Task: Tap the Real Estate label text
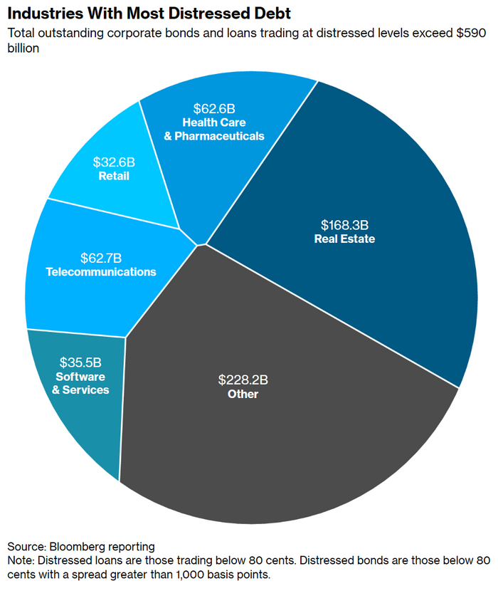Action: pyautogui.click(x=344, y=239)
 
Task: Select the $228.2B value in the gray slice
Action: pyautogui.click(x=243, y=379)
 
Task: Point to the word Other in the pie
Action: pyautogui.click(x=243, y=394)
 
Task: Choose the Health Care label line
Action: pyautogui.click(x=214, y=122)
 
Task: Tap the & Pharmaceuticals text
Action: pyautogui.click(x=214, y=135)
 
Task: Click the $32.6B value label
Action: pyautogui.click(x=114, y=162)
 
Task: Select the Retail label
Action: pyautogui.click(x=114, y=175)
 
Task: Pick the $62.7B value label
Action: pyautogui.click(x=100, y=258)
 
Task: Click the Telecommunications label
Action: pyautogui.click(x=100, y=272)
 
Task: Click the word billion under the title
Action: pyautogui.click(x=24, y=48)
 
